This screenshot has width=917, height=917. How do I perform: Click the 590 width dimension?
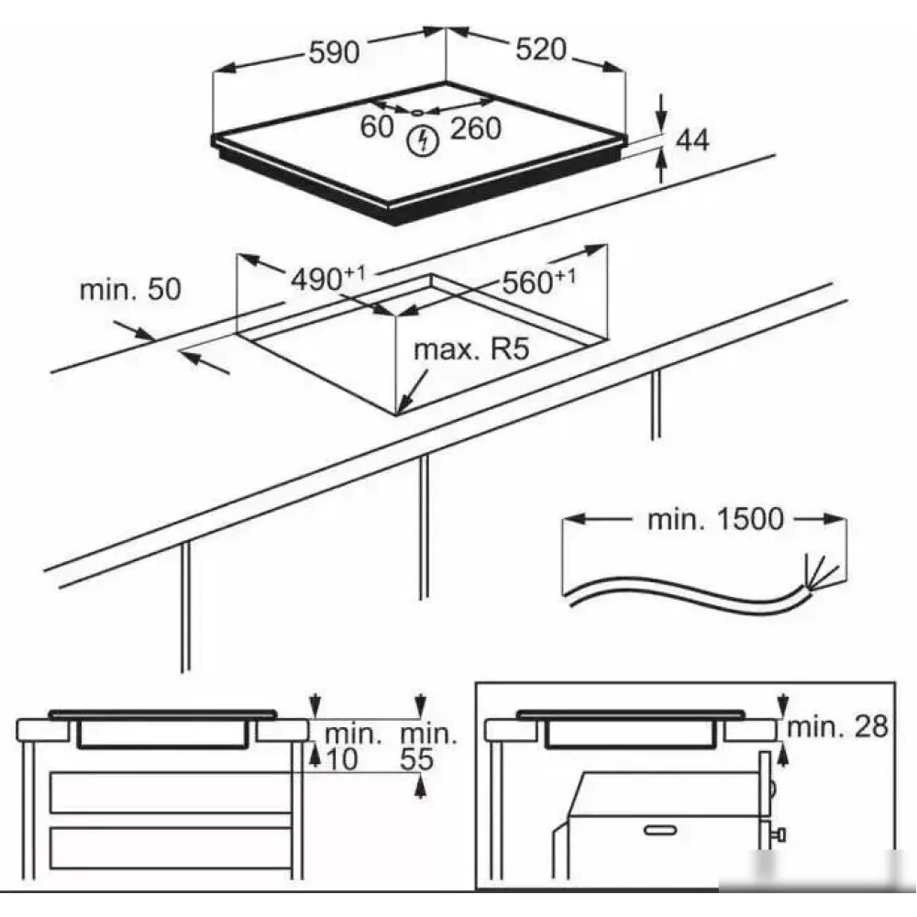click(334, 52)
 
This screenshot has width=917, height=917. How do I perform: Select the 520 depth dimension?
click(541, 50)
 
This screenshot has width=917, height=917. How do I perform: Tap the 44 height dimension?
click(691, 140)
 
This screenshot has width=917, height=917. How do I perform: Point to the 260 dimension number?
click(475, 128)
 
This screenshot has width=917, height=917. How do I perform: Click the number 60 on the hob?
click(377, 127)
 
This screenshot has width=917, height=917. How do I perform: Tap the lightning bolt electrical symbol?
click(423, 141)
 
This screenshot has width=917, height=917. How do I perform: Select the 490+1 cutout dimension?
click(328, 278)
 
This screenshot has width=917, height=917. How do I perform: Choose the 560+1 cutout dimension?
click(538, 282)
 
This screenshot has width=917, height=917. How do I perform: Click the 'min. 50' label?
click(130, 290)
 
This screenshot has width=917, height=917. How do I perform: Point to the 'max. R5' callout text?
click(471, 349)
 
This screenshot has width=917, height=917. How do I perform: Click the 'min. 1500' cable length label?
click(715, 519)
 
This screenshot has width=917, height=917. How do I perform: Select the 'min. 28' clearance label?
click(837, 726)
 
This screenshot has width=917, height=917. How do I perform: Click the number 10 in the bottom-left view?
click(341, 759)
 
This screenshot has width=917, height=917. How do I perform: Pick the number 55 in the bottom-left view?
click(416, 759)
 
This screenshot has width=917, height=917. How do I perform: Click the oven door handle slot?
click(660, 830)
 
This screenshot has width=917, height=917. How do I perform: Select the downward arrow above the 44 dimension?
click(661, 112)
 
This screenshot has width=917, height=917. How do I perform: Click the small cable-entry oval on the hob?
click(417, 113)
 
